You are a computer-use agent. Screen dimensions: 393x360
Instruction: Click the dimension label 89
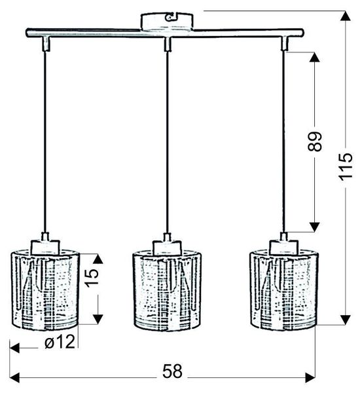pos(315,142)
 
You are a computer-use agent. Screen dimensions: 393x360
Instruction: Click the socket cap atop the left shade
pos(45,246)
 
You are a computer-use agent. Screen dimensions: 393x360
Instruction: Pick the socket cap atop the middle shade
pos(166,246)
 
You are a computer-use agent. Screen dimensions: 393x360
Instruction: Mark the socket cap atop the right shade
pos(283,246)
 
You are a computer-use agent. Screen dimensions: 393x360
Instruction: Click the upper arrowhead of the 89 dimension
pos(314,56)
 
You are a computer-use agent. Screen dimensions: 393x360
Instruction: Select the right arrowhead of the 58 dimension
pos(309,377)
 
